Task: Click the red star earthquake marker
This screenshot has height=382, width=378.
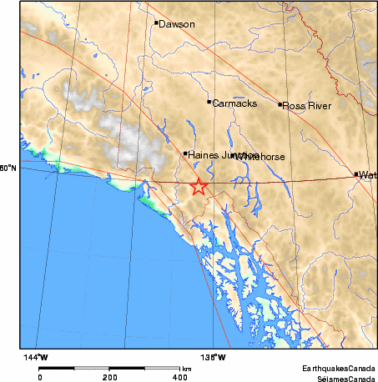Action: coord(199,187)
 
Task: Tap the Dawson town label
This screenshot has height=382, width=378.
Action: coord(177,24)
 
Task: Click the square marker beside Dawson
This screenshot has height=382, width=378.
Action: coord(156,23)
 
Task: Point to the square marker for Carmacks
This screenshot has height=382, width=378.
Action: coord(209,102)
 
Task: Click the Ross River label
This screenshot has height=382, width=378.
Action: coord(307,106)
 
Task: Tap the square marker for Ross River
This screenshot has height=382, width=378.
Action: coord(280,104)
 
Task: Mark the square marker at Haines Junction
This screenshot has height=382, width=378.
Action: coord(185,153)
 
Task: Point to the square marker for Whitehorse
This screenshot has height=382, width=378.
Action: coord(234,154)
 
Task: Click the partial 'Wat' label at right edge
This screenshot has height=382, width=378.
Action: coord(368,175)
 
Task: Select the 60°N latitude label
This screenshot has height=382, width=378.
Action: coord(7,168)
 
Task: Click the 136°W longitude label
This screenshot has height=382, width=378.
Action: coord(214,357)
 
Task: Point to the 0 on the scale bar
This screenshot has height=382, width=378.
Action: coord(40,377)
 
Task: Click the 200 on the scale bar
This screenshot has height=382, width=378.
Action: coord(109,377)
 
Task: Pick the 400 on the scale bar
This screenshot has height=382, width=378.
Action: coord(179,377)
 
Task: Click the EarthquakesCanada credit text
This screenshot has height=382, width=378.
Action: coord(338,368)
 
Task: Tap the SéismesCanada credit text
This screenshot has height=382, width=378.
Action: coord(342,377)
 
